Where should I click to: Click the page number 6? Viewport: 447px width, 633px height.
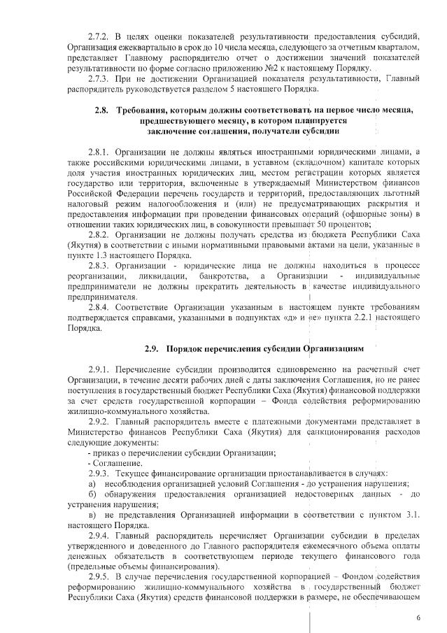tap(418, 618)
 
